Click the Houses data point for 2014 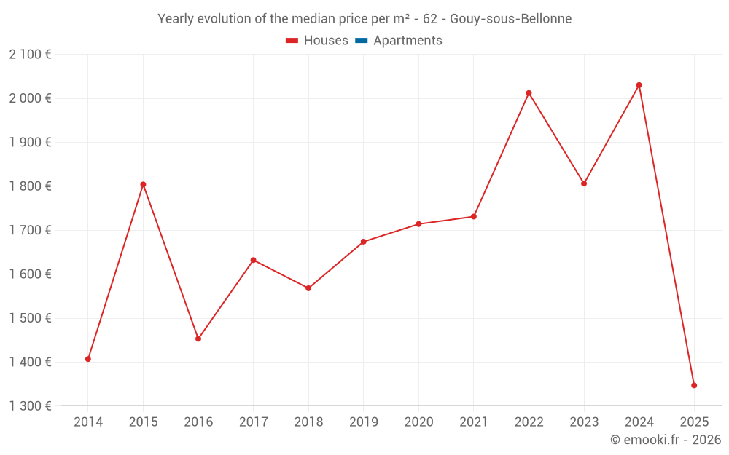(88, 359)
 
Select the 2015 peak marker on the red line (143, 184)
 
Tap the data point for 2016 (198, 339)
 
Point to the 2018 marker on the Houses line (308, 288)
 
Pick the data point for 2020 (418, 224)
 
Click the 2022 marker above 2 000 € (529, 93)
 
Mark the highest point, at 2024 (639, 85)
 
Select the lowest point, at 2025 (694, 385)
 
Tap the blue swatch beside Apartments (361, 41)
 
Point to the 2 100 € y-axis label (30, 55)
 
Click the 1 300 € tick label (30, 406)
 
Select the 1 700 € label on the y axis (30, 230)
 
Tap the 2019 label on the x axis (363, 422)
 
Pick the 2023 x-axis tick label (584, 422)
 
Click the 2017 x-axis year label (253, 422)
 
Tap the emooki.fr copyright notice (665, 440)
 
